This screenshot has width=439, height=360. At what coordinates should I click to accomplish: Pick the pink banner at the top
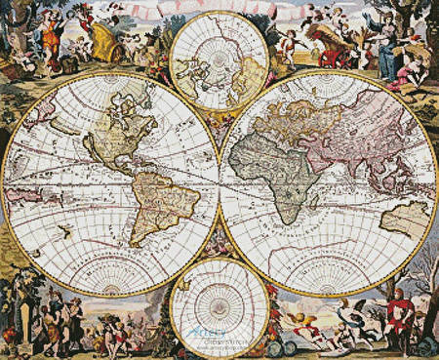pos(219,11)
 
